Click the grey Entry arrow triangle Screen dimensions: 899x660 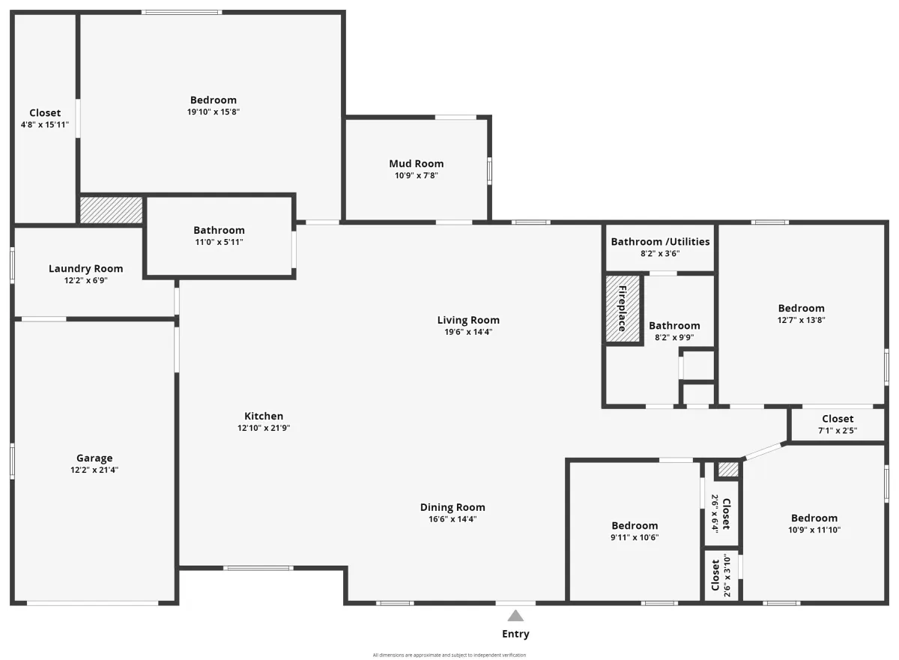point(515,616)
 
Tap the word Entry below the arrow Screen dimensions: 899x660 point(515,634)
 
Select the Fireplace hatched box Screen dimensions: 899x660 point(623,309)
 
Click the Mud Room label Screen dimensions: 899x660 point(417,164)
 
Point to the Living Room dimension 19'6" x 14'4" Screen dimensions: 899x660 point(468,332)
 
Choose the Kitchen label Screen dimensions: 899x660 point(264,416)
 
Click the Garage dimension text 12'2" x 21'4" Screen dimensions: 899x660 point(94,470)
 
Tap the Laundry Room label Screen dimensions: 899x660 point(86,269)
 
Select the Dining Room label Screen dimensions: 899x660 point(452,507)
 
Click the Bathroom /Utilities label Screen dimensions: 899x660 point(660,242)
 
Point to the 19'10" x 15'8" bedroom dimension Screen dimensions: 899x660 point(213,112)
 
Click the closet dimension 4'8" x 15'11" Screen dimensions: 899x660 point(44,125)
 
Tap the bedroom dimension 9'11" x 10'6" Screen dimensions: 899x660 point(635,538)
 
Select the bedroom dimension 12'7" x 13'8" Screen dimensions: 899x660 point(801,320)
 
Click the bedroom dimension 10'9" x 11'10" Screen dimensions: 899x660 point(814,530)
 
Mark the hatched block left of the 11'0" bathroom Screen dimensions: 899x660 point(111,210)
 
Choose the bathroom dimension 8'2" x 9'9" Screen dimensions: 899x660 point(674,337)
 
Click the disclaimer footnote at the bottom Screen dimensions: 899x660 point(449,656)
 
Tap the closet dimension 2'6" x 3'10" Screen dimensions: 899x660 point(727,575)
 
